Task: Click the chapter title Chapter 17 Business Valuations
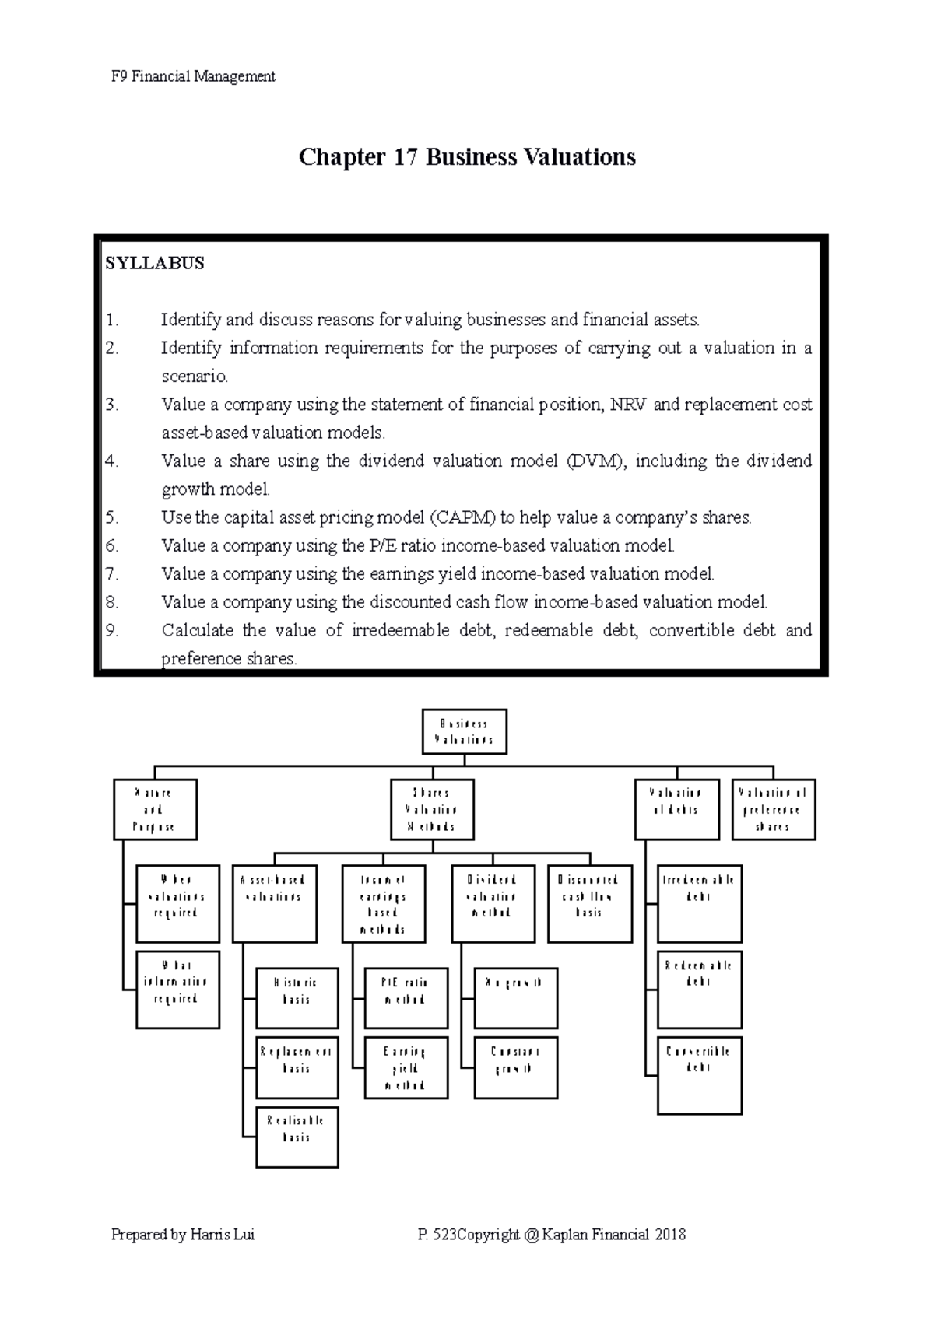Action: [x=467, y=157]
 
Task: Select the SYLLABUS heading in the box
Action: [x=155, y=263]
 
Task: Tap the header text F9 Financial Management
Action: [x=193, y=76]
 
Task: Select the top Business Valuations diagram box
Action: [x=464, y=731]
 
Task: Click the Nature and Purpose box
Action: [x=154, y=809]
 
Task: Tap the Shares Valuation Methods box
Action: [x=431, y=809]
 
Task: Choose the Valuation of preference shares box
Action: [x=773, y=809]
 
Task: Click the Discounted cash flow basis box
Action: [x=589, y=903]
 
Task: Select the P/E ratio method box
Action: [x=406, y=998]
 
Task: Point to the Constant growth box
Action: [x=515, y=1067]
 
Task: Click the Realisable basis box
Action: [x=297, y=1136]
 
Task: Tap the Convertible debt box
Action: [x=699, y=1074]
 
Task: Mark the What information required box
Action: [x=177, y=989]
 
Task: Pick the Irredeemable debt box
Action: [x=699, y=903]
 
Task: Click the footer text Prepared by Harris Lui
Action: [x=183, y=1235]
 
